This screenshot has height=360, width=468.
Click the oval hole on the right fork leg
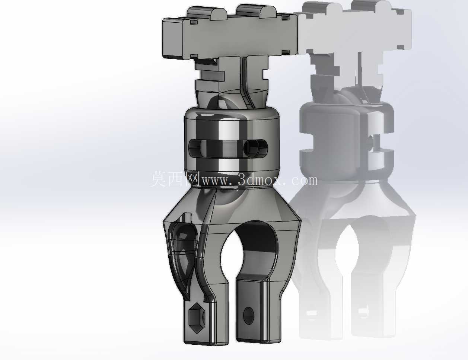pyautogui.click(x=249, y=316)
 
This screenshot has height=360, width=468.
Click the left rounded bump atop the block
pyautogui.click(x=206, y=13)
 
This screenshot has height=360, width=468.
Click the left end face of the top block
pyautogui.click(x=172, y=38)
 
